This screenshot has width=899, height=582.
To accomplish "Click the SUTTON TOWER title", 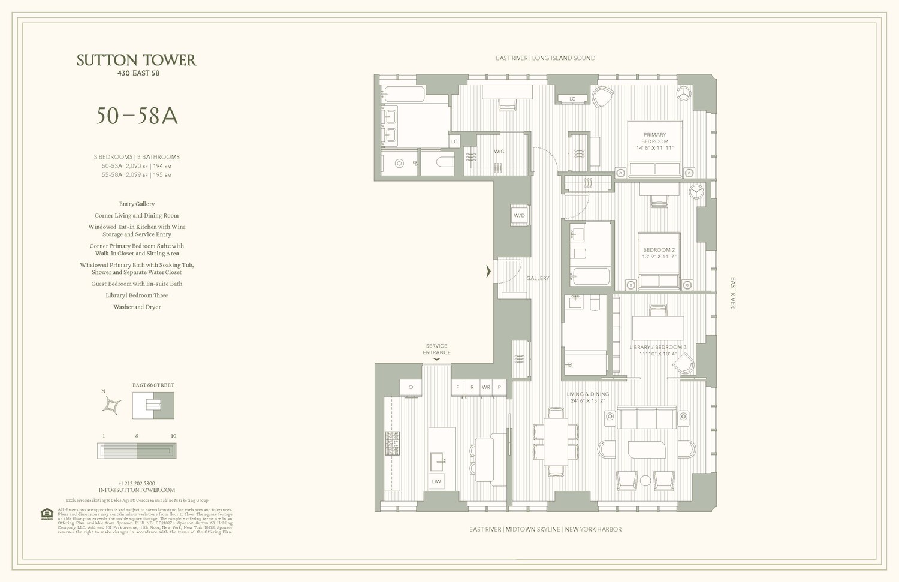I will tap(136, 60).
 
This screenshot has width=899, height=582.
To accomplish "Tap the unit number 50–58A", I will tap(137, 116).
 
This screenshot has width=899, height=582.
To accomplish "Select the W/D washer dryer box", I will tap(519, 215).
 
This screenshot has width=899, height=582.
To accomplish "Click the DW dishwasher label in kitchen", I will tap(436, 481).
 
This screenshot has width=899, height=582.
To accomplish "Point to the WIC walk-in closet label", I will tap(499, 152).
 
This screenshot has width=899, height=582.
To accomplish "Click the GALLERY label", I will tap(538, 278).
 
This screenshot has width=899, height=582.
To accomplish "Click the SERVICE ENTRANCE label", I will tap(436, 349).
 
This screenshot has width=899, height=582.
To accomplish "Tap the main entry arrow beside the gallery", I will tap(488, 272).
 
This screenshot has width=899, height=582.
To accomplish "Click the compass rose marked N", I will tap(111, 406).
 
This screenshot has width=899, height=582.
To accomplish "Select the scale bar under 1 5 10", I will tap(137, 450).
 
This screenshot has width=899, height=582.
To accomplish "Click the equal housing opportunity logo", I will tap(47, 514).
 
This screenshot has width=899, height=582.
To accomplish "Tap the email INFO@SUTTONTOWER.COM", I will tap(137, 490).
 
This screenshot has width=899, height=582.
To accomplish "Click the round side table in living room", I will tap(645, 480).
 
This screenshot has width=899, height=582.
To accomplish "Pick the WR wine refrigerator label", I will tap(486, 387).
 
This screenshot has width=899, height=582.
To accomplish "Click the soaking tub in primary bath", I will tap(404, 94).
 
